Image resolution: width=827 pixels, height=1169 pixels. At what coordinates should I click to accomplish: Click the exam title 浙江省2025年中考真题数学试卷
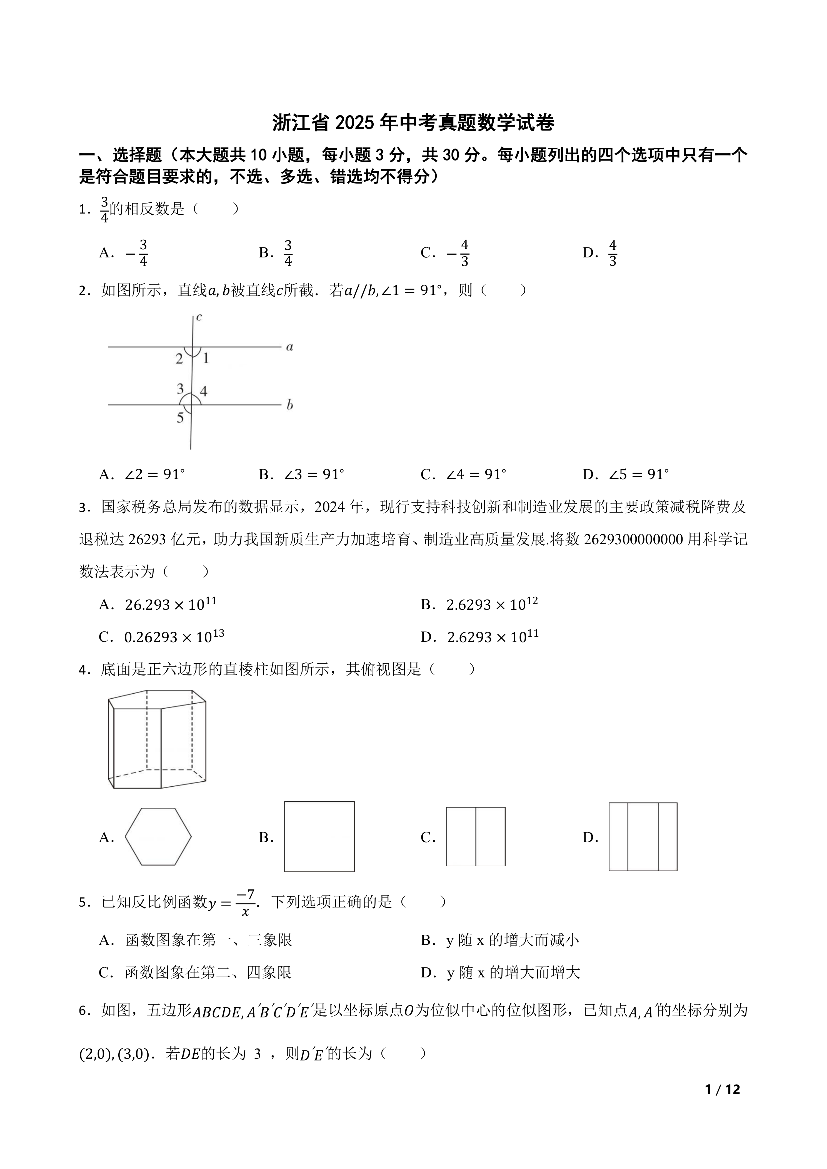click(x=413, y=123)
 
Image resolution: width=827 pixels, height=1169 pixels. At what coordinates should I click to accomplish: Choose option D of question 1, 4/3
click(x=613, y=253)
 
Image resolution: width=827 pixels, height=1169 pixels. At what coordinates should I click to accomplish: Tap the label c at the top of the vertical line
click(x=199, y=317)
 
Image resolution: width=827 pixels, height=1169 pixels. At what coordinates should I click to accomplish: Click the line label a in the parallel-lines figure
click(x=290, y=348)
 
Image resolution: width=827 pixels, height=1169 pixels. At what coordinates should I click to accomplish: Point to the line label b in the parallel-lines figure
click(x=290, y=405)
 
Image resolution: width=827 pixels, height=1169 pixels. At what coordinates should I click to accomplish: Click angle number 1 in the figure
click(x=206, y=358)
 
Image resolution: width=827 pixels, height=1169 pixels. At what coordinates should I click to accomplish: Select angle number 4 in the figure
click(x=204, y=391)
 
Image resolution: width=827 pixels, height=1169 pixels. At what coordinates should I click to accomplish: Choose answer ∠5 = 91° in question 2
click(x=639, y=475)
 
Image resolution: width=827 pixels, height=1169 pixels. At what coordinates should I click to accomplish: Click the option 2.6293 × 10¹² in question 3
click(x=492, y=604)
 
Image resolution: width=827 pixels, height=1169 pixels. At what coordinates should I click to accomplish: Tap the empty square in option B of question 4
click(x=319, y=837)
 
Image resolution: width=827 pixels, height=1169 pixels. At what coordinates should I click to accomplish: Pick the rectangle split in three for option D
click(x=643, y=837)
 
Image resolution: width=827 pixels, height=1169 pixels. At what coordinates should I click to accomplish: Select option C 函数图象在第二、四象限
click(x=208, y=972)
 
